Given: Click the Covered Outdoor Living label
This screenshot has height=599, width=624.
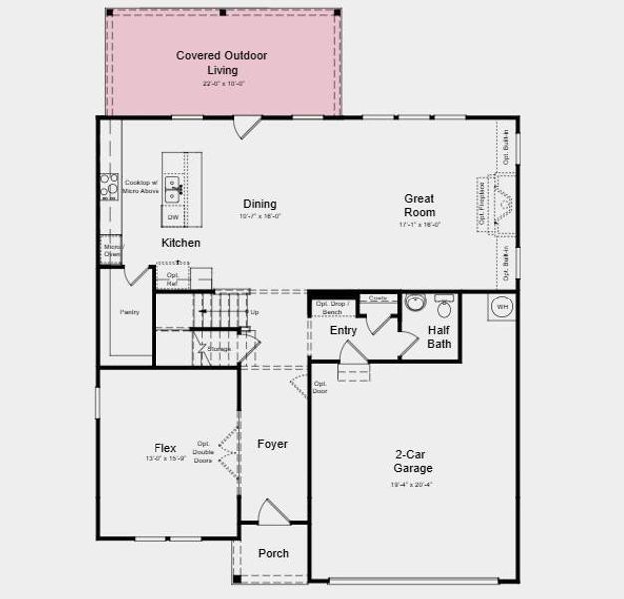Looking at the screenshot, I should tap(222, 62).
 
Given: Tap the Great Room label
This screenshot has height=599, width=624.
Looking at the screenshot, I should tap(419, 205).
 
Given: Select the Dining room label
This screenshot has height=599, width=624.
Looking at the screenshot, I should tap(260, 204).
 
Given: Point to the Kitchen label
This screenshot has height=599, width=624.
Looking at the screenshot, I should tap(181, 243).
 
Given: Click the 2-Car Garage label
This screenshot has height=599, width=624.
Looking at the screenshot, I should tap(412, 460).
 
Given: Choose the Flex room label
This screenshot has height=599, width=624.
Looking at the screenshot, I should tap(165, 448).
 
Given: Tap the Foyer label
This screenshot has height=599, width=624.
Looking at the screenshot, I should tap(272, 444).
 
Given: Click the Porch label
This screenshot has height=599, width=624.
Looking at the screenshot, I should tap(273, 553).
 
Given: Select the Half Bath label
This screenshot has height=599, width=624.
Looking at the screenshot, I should tap(439, 337).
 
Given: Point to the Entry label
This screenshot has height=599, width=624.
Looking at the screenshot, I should tap(343, 330).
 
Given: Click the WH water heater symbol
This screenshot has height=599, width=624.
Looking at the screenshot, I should tap(502, 306).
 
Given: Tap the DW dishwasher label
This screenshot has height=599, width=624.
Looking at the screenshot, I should tap(173, 217).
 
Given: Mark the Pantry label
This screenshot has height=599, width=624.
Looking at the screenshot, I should tap(130, 312).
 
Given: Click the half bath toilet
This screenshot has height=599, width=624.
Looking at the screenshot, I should tap(444, 304).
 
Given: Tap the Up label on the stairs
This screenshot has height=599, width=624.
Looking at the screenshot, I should tap(255, 312).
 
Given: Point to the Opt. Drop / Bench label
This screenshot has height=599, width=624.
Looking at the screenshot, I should tap(331, 308).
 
